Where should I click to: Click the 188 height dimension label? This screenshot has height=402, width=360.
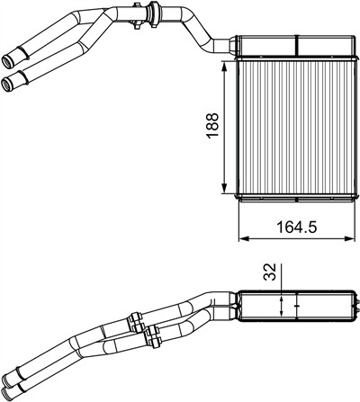[x=212, y=125]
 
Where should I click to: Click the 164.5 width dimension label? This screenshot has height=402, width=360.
[x=297, y=227]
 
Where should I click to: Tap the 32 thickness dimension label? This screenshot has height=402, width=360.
[x=269, y=272]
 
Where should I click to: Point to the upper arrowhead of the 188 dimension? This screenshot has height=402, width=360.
[x=224, y=67]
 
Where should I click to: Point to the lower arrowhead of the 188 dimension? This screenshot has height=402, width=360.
[x=224, y=188]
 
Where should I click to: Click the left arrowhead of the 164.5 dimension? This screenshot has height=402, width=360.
[x=243, y=238]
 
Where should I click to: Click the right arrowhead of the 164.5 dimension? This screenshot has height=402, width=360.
[x=349, y=238]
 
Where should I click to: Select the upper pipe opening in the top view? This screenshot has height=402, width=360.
[x=8, y=61]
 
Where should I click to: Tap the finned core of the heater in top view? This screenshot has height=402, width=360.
[x=296, y=127]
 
